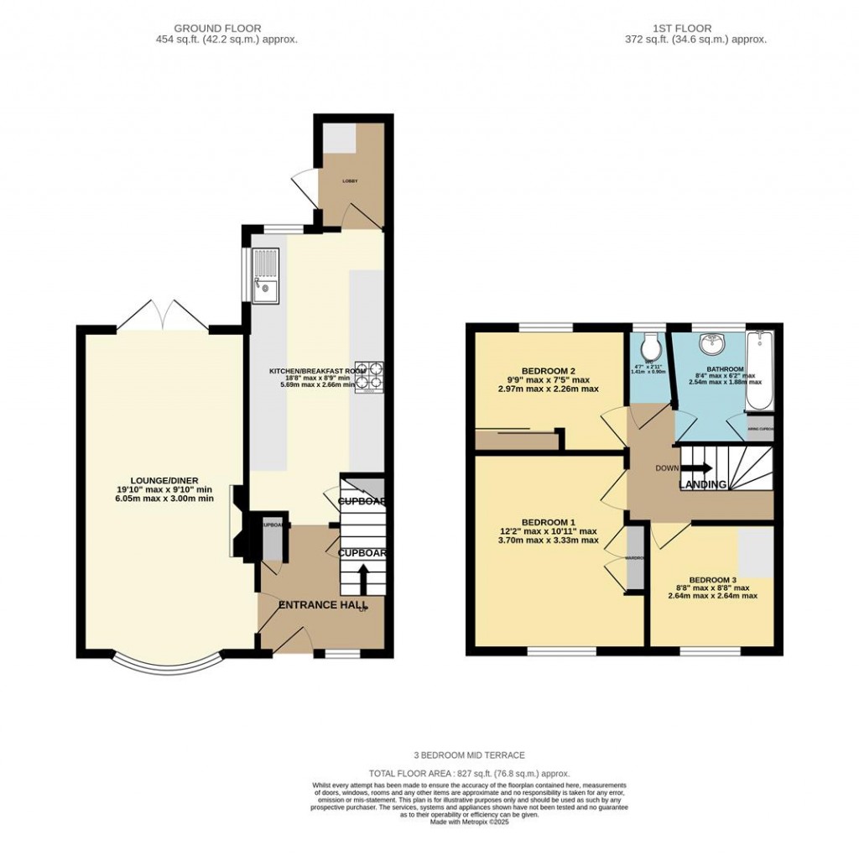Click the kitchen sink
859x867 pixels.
click(265, 276)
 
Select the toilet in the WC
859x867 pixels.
click(650, 347)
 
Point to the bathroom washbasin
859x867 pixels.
click(714, 342)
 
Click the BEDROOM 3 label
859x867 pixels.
click(712, 579)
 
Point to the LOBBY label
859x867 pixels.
click(349, 180)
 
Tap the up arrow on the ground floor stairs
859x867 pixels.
click(364, 577)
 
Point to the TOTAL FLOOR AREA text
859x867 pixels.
click(469, 773)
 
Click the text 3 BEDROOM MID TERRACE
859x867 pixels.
click(469, 755)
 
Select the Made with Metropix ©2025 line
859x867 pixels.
click(469, 822)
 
